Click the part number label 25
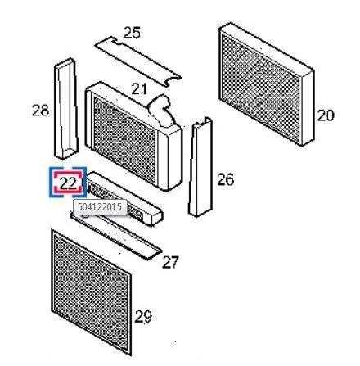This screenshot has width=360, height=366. click(132, 33)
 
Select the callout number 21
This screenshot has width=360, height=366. click(139, 88)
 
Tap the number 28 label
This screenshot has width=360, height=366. click(40, 111)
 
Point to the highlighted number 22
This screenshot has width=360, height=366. click(68, 183)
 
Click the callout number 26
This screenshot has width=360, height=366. click(225, 179)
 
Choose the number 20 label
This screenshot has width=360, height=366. click(326, 115)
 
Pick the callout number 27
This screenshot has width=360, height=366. click(170, 262)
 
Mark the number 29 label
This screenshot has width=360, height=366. click(143, 317)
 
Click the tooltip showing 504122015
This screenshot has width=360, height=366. click(100, 207)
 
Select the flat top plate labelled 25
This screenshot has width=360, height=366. click(137, 61)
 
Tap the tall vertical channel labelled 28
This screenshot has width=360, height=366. click(66, 108)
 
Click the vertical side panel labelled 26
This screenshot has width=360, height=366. click(200, 167)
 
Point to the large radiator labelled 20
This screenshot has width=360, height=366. click(267, 84)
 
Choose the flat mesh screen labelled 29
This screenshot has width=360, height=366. click(92, 292)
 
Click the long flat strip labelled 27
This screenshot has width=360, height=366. click(116, 235)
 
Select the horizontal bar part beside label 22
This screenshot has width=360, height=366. click(124, 197)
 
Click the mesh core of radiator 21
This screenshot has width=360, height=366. click(124, 140)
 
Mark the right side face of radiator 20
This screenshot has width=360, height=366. click(308, 108)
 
